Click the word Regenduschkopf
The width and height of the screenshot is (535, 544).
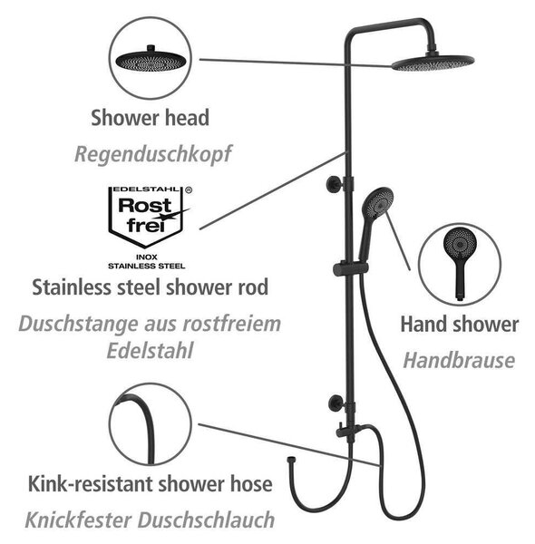coord(153,154)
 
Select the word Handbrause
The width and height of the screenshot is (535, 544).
coord(459,361)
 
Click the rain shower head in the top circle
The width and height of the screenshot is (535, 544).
coord(151,59)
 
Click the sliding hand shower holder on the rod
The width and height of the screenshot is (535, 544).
coord(350,269)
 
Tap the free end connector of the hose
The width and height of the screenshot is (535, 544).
coord(290,460)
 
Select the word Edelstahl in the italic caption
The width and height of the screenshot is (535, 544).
coord(150,350)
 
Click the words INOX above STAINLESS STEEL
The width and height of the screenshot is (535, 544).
coord(146,257)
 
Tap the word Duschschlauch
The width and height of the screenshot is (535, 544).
coord(207,520)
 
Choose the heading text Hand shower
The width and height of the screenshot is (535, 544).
coord(460,325)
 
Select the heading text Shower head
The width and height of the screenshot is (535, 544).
coord(150,118)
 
